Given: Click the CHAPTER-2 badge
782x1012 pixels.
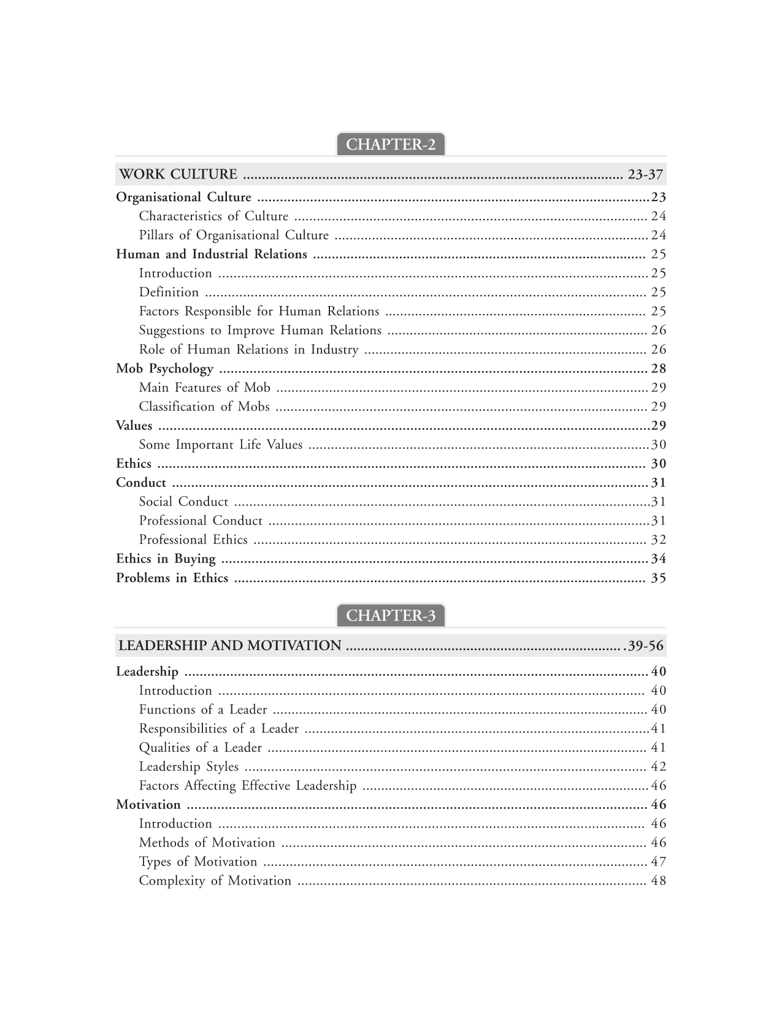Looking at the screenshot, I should pyautogui.click(x=391, y=145).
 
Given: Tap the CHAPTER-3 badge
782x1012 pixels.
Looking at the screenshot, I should pyautogui.click(x=391, y=616).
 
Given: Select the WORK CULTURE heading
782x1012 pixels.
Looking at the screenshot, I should pyautogui.click(x=178, y=175).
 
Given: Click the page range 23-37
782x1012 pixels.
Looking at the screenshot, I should pyautogui.click(x=645, y=175).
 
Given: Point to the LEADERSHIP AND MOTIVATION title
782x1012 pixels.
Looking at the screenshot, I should pyautogui.click(x=230, y=646).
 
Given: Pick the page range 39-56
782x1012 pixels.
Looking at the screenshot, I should pyautogui.click(x=645, y=646).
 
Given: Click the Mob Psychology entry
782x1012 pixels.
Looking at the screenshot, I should pyautogui.click(x=164, y=369).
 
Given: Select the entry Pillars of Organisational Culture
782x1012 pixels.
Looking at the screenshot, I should pyautogui.click(x=234, y=236).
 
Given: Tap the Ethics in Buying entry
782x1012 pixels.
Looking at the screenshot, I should pyautogui.click(x=166, y=559).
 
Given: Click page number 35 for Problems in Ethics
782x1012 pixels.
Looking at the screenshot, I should pyautogui.click(x=658, y=578).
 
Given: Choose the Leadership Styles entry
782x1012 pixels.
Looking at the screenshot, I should pyautogui.click(x=189, y=767).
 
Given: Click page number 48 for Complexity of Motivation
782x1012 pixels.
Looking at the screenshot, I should pyautogui.click(x=658, y=881).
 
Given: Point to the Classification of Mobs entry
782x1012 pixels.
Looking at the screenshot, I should pyautogui.click(x=204, y=407).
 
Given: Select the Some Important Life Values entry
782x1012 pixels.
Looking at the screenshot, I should pyautogui.click(x=221, y=445).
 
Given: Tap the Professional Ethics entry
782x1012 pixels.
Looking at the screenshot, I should pyautogui.click(x=193, y=540).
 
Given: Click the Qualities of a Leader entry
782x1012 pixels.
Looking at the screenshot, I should pyautogui.click(x=201, y=748).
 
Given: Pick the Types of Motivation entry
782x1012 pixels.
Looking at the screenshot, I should pyautogui.click(x=198, y=862).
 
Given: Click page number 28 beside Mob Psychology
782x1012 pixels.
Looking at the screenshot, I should pyautogui.click(x=658, y=369).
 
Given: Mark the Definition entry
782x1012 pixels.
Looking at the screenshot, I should pyautogui.click(x=169, y=293).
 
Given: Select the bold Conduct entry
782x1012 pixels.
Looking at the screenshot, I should pyautogui.click(x=141, y=483).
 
